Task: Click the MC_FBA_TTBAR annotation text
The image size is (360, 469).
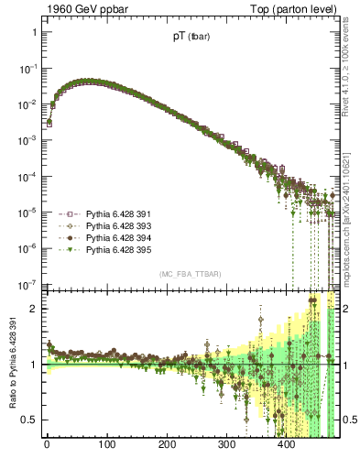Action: point(190,274)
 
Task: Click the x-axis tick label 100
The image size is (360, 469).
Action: point(106,446)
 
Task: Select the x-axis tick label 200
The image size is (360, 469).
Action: point(167,446)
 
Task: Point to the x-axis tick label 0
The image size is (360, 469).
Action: point(47,446)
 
